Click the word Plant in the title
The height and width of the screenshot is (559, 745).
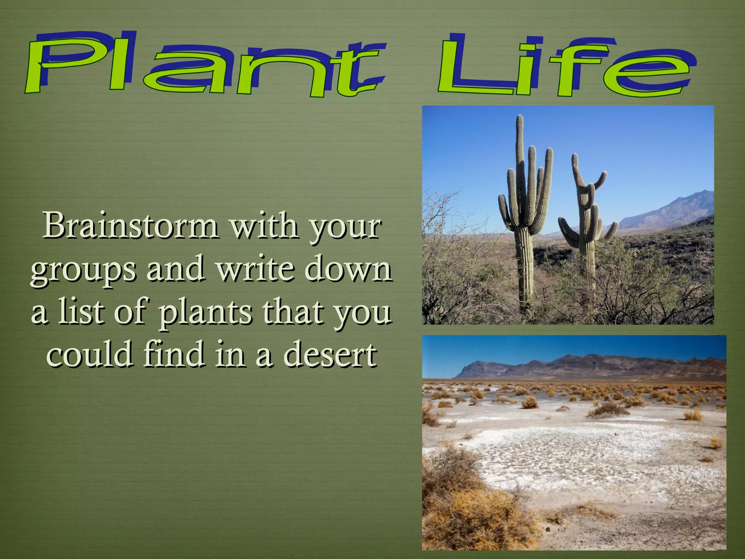point(204,66)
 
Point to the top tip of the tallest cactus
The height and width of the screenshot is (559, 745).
point(520,117)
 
